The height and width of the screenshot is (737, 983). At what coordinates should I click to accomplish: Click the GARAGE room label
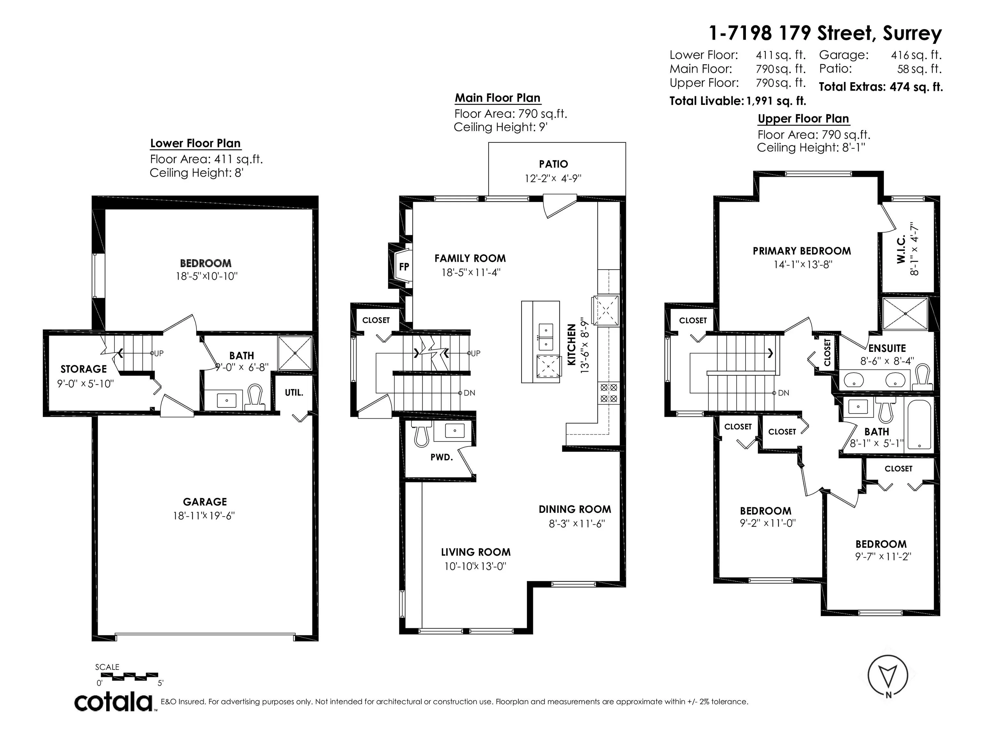(x=205, y=502)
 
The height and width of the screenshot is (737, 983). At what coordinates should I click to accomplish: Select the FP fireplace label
(x=404, y=266)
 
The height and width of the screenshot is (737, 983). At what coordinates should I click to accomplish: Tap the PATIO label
(x=553, y=164)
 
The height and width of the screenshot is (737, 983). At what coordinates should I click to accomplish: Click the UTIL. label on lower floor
(x=294, y=393)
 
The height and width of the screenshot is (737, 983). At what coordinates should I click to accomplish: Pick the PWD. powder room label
(x=441, y=457)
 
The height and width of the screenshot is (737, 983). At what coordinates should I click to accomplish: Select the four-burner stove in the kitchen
(x=609, y=393)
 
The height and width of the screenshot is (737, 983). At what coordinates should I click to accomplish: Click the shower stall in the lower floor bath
(x=295, y=353)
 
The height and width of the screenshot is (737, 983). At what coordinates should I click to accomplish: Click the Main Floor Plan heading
(x=497, y=98)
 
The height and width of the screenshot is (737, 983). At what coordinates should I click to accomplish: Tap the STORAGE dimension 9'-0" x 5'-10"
(x=85, y=384)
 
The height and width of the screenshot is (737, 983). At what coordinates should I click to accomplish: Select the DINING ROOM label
(x=575, y=509)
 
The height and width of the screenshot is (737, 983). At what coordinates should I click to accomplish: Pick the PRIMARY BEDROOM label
(x=802, y=251)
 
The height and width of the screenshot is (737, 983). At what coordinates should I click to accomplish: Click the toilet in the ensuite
(x=923, y=377)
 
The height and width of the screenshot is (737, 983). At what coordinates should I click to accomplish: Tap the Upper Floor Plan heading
(x=803, y=119)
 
